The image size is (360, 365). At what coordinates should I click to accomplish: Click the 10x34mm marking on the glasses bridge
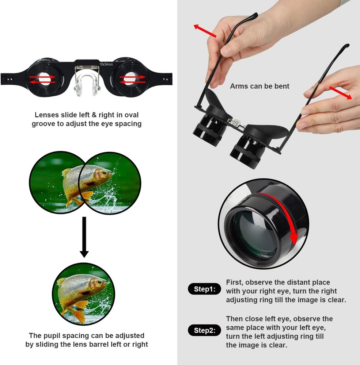106,64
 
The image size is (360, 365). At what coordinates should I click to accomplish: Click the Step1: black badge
205,289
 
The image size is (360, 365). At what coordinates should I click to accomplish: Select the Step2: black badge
205,331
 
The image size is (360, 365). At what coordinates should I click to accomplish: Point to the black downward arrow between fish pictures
84,237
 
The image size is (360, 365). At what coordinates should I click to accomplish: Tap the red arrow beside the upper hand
205,31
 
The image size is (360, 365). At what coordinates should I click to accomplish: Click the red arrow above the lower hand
340,93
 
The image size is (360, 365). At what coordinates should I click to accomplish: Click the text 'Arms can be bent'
259,86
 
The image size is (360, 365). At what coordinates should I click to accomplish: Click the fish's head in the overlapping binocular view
102,175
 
